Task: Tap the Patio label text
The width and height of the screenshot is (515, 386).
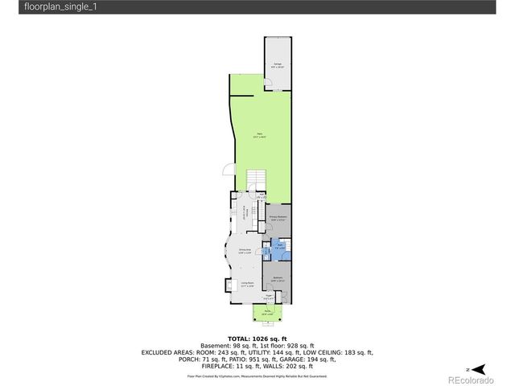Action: click(259, 134)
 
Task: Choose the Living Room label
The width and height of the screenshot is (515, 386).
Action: click(248, 283)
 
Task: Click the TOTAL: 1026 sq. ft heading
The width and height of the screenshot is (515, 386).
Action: click(257, 338)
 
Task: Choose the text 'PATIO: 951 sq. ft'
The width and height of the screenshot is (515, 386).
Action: click(258, 359)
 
